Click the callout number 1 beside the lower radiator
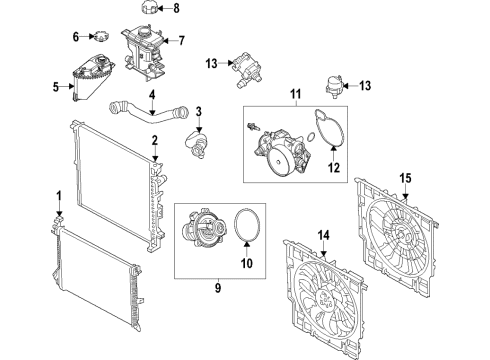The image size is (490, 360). (59, 193)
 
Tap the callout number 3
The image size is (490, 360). (199, 110)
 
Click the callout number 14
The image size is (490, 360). (322, 236)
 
